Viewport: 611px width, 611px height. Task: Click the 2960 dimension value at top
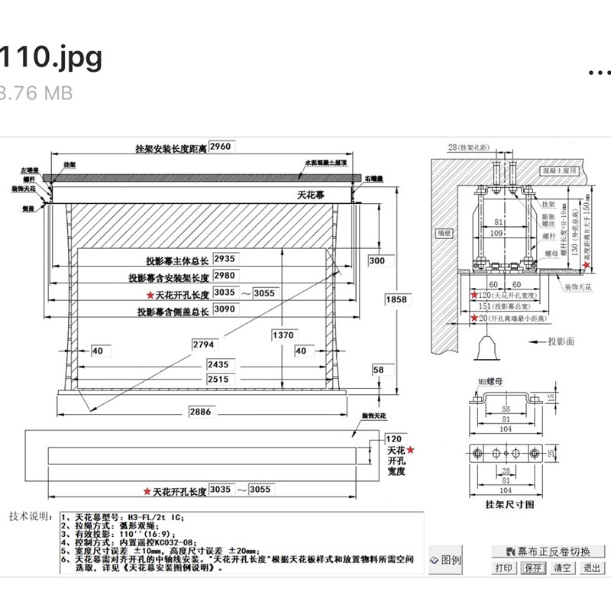220,146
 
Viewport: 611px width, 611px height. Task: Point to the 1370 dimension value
283,335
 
